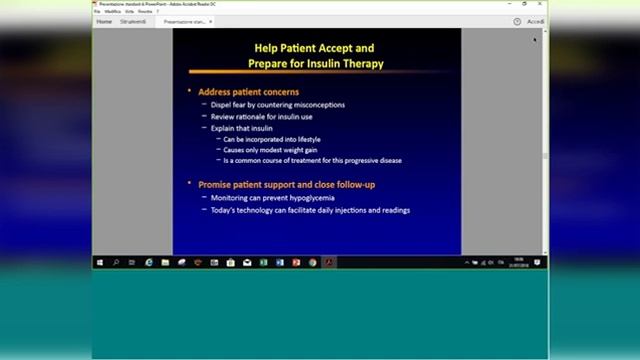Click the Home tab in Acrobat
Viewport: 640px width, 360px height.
click(x=104, y=21)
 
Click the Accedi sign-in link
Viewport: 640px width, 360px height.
click(x=536, y=21)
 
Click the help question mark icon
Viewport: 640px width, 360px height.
click(x=517, y=21)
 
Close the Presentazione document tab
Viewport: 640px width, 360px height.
click(x=214, y=21)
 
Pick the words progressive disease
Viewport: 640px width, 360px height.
click(x=373, y=160)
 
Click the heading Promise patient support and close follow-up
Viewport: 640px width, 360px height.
click(x=285, y=185)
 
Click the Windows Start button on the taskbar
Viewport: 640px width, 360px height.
click(x=100, y=263)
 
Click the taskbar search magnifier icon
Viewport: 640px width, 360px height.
click(x=116, y=263)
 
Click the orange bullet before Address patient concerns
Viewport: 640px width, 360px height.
click(x=190, y=92)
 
